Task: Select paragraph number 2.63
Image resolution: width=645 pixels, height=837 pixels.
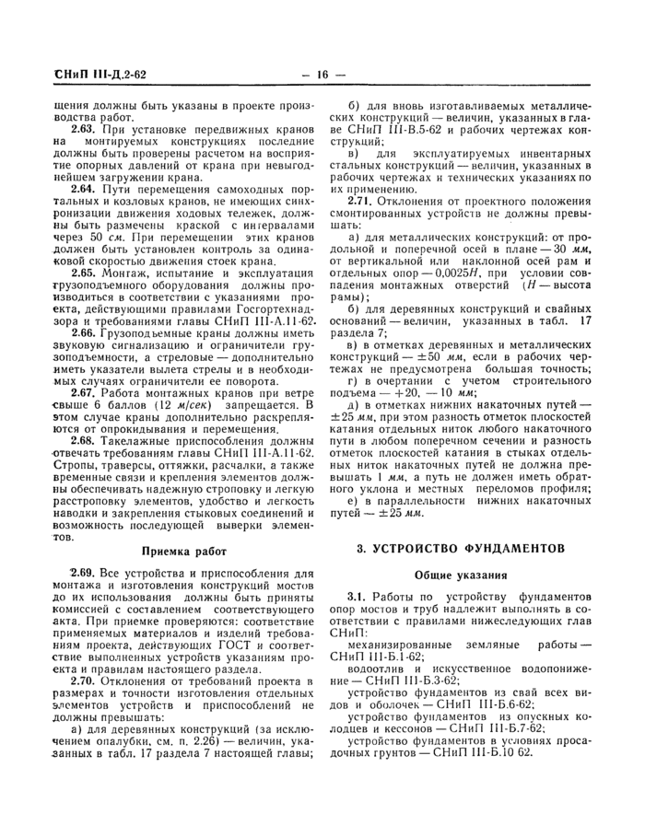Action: click(84, 129)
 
